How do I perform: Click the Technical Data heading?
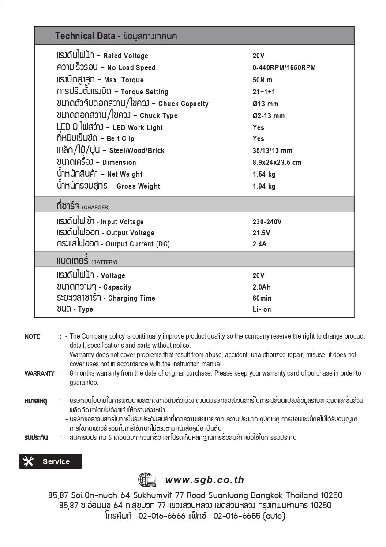116,36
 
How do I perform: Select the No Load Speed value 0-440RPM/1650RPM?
284,68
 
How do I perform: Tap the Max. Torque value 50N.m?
262,80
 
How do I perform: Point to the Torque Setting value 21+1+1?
264,92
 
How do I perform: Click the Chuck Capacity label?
132,104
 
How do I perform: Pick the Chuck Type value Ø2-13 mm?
269,116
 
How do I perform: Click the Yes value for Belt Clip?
259,139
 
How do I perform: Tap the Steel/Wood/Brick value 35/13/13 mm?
272,151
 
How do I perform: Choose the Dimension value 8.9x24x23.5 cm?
277,163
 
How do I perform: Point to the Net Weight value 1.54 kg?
264,175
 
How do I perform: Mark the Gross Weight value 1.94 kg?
264,186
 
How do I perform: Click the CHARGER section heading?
83,206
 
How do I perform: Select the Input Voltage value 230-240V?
267,222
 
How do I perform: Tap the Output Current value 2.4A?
259,244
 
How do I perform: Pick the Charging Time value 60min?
262,298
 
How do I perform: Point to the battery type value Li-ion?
262,309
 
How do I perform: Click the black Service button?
50,461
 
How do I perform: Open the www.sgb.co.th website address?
205,480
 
